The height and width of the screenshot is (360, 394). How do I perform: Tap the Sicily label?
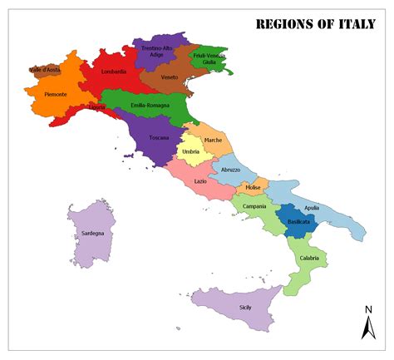(x=245, y=308)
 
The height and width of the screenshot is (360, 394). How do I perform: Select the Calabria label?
(x=309, y=258)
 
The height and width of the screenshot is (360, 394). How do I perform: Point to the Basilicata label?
(x=298, y=222)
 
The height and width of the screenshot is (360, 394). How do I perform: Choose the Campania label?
(x=254, y=206)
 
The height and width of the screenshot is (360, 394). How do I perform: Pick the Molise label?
(x=254, y=188)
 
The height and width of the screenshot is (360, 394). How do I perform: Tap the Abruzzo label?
(x=230, y=169)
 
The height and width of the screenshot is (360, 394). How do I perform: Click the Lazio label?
(x=200, y=181)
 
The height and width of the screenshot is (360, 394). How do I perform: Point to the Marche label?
(x=213, y=140)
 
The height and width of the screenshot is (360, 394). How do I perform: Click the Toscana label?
(x=159, y=137)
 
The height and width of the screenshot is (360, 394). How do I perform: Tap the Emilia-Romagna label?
(x=150, y=106)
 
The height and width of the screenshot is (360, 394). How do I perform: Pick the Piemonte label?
(x=57, y=94)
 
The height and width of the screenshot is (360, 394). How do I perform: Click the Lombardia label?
(x=114, y=72)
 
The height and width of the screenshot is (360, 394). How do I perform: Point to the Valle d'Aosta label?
(x=44, y=70)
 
